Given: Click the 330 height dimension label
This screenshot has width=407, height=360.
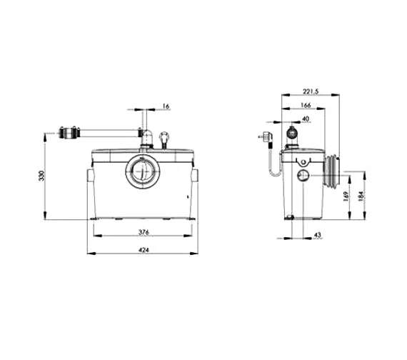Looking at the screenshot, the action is tap(42, 176).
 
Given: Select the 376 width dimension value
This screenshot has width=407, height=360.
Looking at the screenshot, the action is tap(144, 232).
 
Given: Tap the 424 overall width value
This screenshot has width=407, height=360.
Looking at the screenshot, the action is tap(144, 250).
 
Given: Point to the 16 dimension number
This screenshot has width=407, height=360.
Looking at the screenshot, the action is tap(166, 106).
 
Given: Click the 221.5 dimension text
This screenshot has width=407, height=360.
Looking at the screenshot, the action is tap(311, 91).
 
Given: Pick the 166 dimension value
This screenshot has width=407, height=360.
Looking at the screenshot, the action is tap(306, 105).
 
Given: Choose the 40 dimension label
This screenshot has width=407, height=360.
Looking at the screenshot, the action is tap(306, 119).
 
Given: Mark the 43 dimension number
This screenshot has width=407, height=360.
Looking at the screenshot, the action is tap(318, 235).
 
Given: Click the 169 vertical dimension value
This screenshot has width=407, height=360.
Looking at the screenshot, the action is tap(346, 196).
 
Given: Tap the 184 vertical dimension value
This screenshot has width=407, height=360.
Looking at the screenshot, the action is tap(361, 196).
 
